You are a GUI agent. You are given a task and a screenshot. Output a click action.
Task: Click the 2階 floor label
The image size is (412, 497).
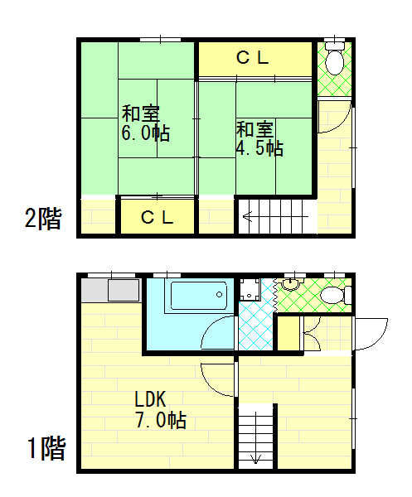43,219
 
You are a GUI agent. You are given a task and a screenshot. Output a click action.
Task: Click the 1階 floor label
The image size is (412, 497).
46,448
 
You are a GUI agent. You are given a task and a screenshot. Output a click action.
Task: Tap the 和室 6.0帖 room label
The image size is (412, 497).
146,123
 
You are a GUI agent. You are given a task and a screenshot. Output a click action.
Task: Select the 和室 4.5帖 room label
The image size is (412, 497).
259,138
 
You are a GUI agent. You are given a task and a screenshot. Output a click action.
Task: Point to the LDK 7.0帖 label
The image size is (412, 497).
161,410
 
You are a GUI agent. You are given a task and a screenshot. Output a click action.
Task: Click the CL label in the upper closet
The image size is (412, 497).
253,58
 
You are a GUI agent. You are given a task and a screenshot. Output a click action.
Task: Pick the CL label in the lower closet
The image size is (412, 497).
157,217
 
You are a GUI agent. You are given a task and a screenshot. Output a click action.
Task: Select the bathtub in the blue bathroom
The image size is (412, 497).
199,296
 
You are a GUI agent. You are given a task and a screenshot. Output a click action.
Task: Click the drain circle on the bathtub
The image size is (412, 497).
219,294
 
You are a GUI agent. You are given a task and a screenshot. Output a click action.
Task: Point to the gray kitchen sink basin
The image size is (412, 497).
124,291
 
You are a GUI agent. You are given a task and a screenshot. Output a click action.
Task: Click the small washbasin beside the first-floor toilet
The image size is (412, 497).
291,285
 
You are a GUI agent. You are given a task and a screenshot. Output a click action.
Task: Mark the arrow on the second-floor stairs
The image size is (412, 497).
275,217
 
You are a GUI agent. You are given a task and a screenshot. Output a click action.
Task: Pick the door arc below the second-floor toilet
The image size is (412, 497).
343,124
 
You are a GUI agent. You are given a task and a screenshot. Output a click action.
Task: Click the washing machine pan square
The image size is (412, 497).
250,289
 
